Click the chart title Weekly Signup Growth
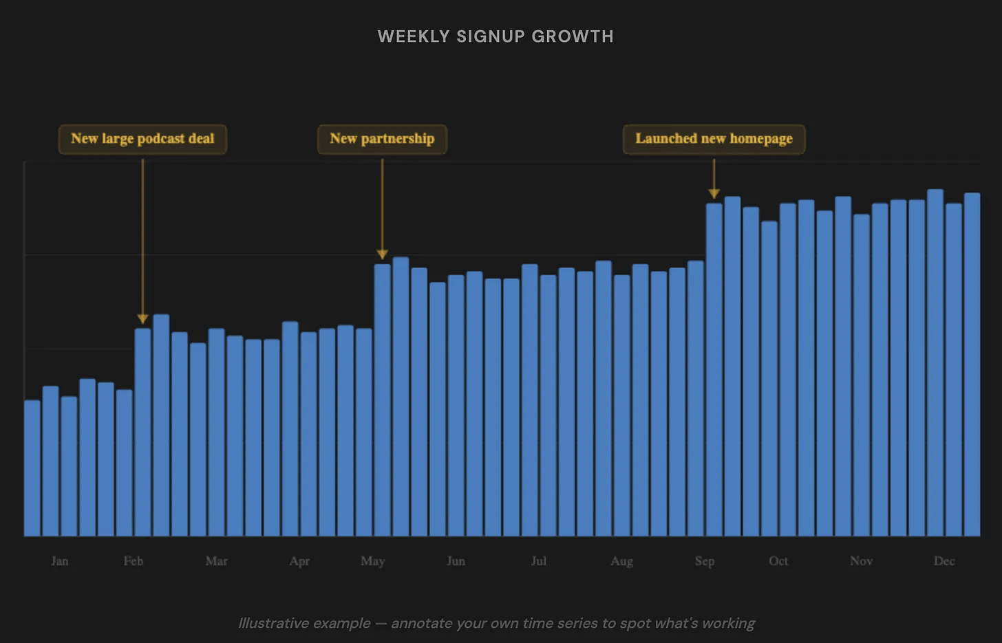click(495, 36)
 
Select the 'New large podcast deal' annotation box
click(142, 139)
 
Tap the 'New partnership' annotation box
click(382, 139)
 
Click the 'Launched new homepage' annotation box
click(714, 139)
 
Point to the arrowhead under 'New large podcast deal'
click(142, 319)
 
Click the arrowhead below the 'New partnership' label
click(382, 254)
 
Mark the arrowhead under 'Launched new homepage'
click(714, 194)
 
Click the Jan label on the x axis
click(60, 561)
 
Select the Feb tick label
click(134, 561)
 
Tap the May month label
click(372, 561)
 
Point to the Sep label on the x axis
click(705, 561)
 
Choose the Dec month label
click(944, 561)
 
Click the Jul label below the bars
click(539, 561)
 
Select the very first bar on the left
click(32, 468)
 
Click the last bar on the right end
click(972, 364)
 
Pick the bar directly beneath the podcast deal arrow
click(142, 433)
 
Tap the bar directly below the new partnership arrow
click(382, 399)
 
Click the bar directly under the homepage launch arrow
click(714, 371)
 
